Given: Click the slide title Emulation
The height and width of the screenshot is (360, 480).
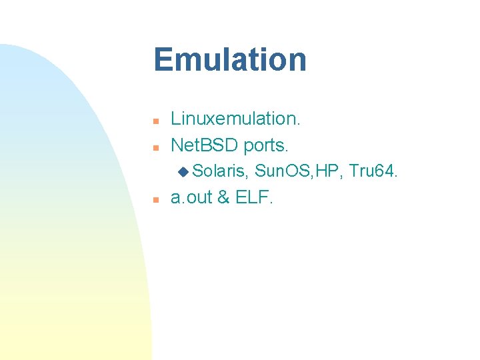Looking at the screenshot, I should coord(230,59).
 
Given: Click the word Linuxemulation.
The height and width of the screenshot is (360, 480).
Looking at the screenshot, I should coord(236,119).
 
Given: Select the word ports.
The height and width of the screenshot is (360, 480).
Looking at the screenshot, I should coord(270,144).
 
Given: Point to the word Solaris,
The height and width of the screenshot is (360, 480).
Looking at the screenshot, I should coord(221,171).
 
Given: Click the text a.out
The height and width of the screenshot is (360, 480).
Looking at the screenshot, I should coord(191,198).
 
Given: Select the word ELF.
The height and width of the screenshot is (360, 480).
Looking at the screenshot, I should coord(254,198).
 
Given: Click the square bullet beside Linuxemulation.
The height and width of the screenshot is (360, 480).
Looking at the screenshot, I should coord(155,121).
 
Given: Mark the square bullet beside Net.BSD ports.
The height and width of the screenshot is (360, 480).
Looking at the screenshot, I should coord(155,146).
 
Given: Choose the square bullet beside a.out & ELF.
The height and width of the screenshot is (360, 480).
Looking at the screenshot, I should coord(155,199).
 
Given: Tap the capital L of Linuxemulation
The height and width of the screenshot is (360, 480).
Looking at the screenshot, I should coord(176,119).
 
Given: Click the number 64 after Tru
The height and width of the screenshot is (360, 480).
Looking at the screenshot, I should coord(385,171).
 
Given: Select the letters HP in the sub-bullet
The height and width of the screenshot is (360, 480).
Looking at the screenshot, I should coord(329,171).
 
